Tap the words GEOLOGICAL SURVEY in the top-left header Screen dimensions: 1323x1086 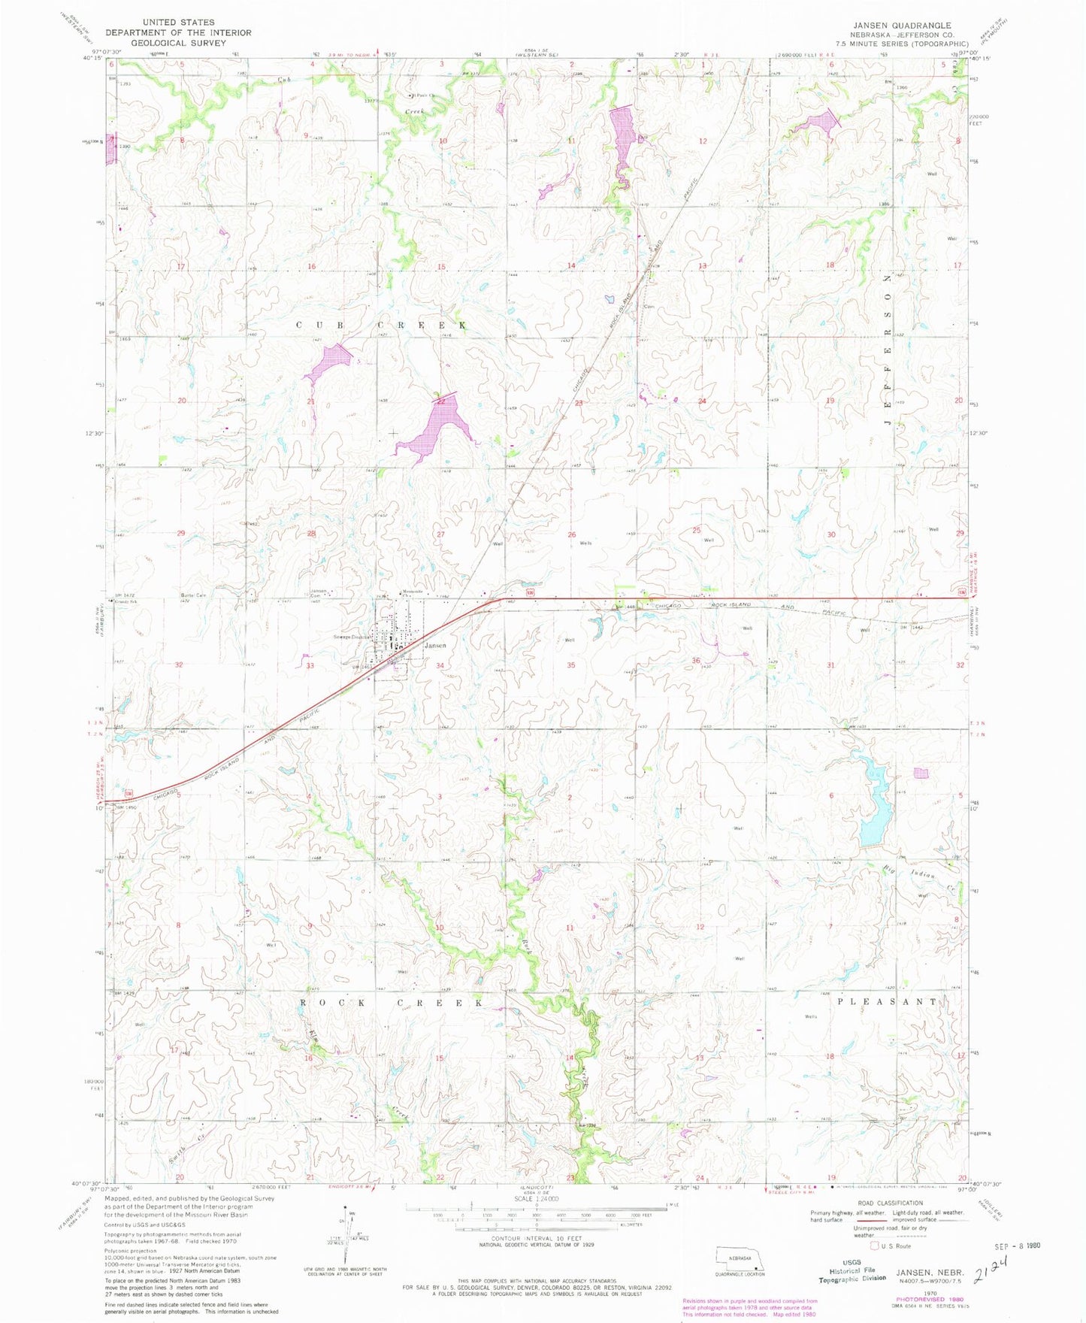click(x=179, y=42)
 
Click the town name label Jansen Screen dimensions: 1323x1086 click(x=435, y=646)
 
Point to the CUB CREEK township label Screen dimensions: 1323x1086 click(x=381, y=325)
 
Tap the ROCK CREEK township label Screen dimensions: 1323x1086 click(x=392, y=1003)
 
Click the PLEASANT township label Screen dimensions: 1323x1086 click(x=887, y=1002)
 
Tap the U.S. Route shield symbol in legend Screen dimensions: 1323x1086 click(x=873, y=1246)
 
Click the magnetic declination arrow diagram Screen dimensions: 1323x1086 click(x=347, y=1237)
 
